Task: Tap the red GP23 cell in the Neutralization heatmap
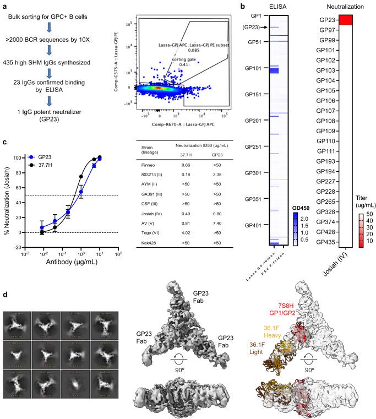pos(346,20)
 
